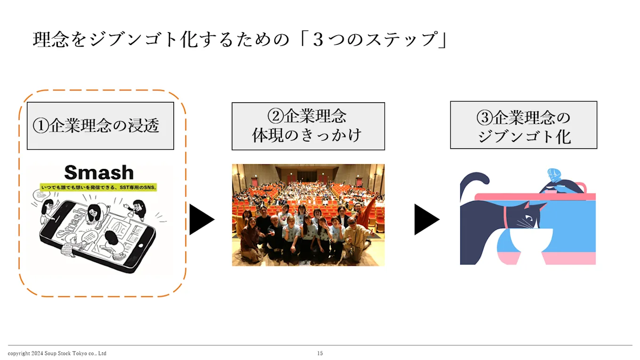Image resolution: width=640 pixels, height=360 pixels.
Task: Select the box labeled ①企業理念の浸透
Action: [100, 126]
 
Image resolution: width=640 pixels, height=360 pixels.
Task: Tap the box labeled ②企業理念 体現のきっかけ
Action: [308, 126]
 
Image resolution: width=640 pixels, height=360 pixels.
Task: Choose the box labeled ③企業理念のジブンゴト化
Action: [523, 125]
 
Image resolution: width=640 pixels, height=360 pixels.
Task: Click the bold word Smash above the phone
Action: [99, 173]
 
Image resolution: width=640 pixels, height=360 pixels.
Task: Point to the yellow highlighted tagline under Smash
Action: [99, 187]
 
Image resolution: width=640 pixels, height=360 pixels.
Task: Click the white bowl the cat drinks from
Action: [531, 240]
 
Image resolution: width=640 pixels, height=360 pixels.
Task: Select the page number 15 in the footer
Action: [320, 353]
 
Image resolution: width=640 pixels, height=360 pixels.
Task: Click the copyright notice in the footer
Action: [57, 353]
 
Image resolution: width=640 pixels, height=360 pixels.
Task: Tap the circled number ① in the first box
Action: [40, 126]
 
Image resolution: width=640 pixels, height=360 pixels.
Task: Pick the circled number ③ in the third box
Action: [485, 118]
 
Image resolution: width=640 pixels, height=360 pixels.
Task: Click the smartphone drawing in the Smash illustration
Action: [96, 238]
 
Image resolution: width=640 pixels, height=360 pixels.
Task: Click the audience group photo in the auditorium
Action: [308, 215]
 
